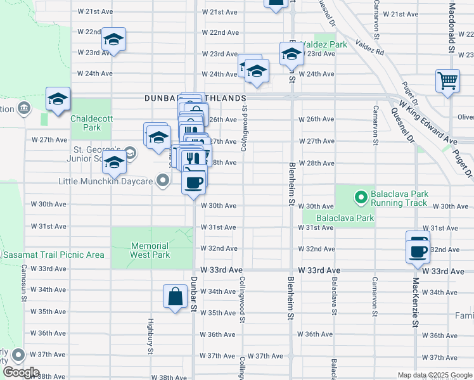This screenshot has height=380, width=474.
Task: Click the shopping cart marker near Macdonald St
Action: pos(447,81)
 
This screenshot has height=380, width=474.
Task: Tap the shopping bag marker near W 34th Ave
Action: pos(175,296)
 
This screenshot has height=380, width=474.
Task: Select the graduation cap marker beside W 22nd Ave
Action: pos(114,39)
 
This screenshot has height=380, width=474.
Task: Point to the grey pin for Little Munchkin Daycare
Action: pos(163,182)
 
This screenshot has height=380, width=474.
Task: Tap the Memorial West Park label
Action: pos(150,250)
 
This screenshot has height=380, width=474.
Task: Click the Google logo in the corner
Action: pos(21,372)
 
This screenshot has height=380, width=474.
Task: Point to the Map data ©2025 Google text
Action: pos(434,375)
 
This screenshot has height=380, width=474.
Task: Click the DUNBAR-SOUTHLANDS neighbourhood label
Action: pos(195,98)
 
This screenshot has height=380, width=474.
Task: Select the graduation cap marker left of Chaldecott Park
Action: pos(57,100)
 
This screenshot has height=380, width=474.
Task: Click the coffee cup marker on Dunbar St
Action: pos(194,182)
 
